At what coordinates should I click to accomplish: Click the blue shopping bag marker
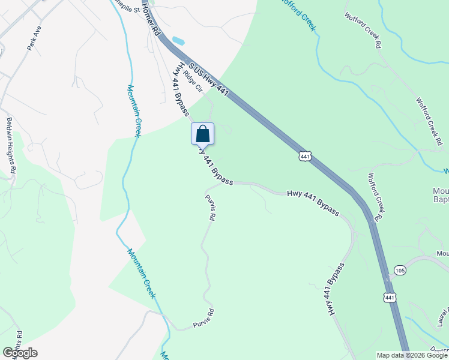pos(202,134)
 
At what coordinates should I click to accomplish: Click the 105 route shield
pos(400,271)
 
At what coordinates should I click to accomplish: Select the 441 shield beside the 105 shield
pos(390,297)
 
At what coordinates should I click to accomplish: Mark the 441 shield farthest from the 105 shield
pos(305,156)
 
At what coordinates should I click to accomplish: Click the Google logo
pos(20,353)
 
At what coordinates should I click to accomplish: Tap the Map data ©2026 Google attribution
pos(411,355)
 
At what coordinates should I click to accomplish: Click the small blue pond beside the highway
pos(178,41)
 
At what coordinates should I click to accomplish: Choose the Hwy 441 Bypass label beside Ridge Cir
pos(181,90)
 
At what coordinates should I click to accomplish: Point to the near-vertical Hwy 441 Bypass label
pos(336,289)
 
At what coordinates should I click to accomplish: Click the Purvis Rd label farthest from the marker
pos(203,319)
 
